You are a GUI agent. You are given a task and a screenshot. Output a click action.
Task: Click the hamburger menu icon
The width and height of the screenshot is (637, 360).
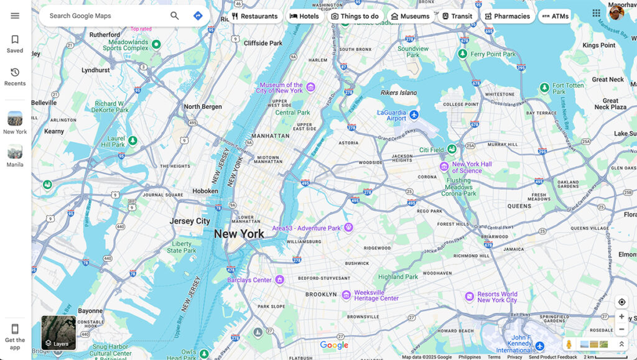(x=15, y=16)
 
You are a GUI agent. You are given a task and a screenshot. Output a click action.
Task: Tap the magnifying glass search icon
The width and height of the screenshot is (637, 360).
(x=175, y=16)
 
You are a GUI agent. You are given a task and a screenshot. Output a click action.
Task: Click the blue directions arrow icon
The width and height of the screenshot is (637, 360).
(x=198, y=16)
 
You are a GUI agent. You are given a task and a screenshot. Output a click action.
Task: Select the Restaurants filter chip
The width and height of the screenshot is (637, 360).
(x=254, y=16)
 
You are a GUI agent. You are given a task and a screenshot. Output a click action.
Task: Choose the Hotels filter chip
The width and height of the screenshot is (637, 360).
(x=304, y=16)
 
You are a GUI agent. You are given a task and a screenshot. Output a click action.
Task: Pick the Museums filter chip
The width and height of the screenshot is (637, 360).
(x=410, y=16)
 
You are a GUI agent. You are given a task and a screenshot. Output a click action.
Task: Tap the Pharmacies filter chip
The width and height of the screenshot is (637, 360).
(x=507, y=16)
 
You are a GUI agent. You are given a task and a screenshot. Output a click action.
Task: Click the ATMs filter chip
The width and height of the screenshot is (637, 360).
(x=555, y=16)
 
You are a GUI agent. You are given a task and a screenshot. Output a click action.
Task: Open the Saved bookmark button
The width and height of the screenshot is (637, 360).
(x=15, y=44)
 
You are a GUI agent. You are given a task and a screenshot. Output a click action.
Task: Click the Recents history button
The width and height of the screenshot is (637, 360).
(x=15, y=76)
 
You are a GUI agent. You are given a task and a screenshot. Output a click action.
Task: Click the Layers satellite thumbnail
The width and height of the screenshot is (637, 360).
(x=58, y=333)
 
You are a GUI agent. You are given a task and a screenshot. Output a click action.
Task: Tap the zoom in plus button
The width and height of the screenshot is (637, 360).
(x=621, y=316)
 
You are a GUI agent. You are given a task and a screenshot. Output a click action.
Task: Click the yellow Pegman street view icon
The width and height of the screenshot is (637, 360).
(x=569, y=344)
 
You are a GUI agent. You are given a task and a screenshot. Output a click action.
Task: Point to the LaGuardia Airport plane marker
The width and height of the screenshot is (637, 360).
(x=414, y=114)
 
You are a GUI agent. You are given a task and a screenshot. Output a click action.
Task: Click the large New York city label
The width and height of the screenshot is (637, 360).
(x=239, y=234)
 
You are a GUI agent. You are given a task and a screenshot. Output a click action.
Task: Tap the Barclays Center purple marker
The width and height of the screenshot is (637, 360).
(x=280, y=280)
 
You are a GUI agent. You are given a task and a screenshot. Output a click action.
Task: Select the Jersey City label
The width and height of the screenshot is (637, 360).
(x=190, y=221)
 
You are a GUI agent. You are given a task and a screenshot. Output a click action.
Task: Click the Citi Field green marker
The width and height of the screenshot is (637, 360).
(x=450, y=150)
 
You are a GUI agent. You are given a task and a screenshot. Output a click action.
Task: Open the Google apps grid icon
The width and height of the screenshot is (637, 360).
(x=597, y=13)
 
